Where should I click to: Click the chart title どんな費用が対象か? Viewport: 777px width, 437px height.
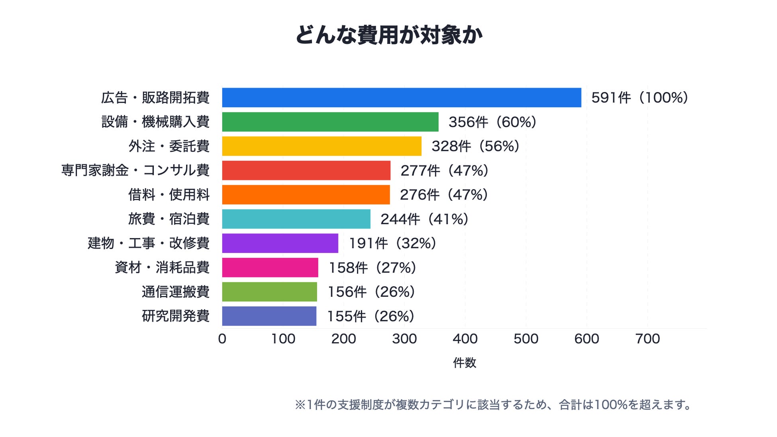388,35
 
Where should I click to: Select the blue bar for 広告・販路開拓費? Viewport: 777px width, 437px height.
402,98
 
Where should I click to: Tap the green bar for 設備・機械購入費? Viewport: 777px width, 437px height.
330,122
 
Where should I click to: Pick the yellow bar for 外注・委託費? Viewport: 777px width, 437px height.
322,146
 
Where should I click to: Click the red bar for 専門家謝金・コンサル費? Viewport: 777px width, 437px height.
306,170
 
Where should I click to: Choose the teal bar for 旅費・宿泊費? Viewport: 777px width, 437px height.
296,219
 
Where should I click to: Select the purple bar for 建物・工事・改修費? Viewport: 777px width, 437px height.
280,243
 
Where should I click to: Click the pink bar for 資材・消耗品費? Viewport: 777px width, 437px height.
270,268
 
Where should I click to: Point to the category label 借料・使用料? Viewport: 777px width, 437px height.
169,195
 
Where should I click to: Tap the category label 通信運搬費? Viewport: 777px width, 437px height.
176,292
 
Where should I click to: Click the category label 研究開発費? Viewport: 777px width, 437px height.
176,316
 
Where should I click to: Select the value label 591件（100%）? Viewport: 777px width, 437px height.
640,98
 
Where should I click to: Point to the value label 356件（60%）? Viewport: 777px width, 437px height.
492,122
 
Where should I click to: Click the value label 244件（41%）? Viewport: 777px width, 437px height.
424,219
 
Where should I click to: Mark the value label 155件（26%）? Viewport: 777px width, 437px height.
371,316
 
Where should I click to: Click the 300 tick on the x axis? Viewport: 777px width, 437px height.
404,339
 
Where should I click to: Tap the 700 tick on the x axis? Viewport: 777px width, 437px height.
647,339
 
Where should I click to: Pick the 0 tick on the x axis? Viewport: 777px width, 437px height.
222,339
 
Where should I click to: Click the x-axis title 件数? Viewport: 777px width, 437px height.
465,363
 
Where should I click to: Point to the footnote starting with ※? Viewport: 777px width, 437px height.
494,405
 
